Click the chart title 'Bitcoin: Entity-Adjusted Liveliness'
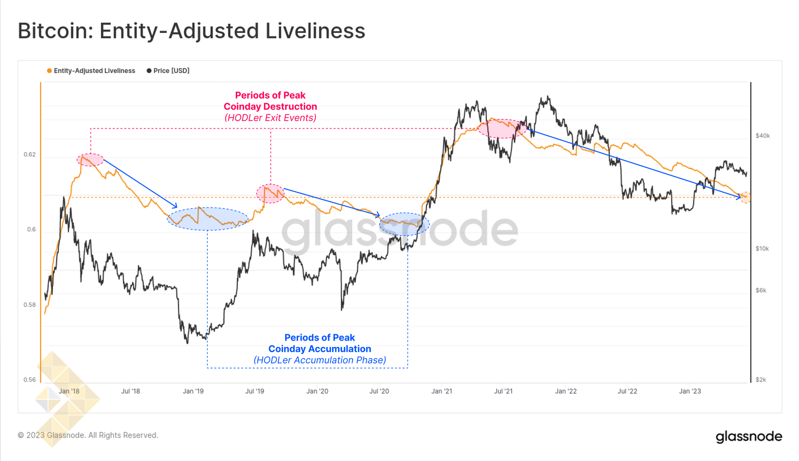[191, 31]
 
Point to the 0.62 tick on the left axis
[30, 154]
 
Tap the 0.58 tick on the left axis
[30, 305]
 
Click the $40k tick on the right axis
[763, 136]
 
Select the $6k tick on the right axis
[761, 290]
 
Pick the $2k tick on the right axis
[761, 380]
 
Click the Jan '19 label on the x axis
[193, 391]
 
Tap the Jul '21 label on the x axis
[503, 391]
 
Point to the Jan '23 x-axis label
[690, 391]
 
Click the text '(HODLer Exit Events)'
[270, 118]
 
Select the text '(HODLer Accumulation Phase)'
[320, 360]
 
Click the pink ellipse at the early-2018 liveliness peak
[90, 160]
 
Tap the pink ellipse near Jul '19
[270, 193]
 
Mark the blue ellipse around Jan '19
[208, 219]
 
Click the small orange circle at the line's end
[745, 197]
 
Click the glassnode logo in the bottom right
[749, 436]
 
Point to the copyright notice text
[88, 435]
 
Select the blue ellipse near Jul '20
[404, 224]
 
